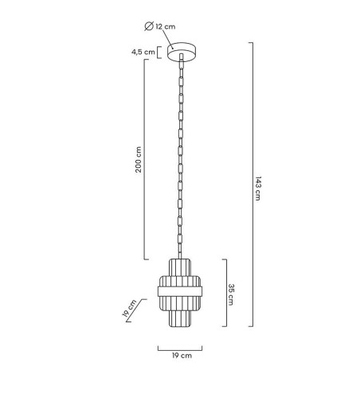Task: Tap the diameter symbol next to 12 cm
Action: point(149,26)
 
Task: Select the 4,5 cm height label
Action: point(143,52)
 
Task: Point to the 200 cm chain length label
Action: point(139,159)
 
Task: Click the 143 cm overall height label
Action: point(258,189)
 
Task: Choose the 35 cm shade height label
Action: point(231,294)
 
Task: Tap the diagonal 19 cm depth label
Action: point(129,308)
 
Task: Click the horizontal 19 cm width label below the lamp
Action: point(182,356)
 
